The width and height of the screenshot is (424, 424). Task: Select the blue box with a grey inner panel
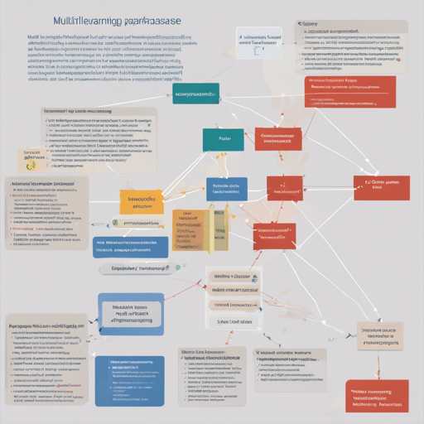pyautogui.click(x=130, y=314)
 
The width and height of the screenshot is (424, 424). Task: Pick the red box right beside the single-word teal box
pyautogui.click(x=278, y=138)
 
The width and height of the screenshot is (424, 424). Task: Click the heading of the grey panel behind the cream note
pyautogui.click(x=79, y=109)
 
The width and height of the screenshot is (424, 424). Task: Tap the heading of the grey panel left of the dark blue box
pyautogui.click(x=46, y=327)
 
